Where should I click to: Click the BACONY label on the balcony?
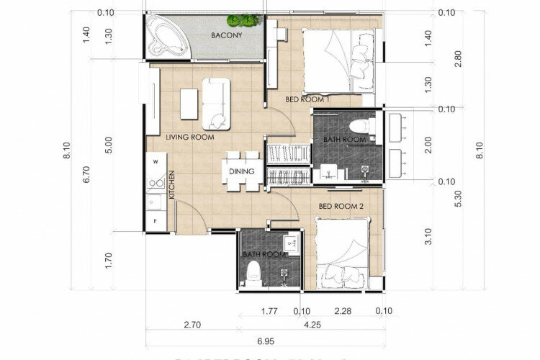coord(225,35)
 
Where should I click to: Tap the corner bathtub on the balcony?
coord(165,37)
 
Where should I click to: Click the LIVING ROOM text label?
coord(190,136)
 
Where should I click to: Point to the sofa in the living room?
coord(215,102)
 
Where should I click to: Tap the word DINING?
coord(240,171)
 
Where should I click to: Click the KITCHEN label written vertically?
coord(172,185)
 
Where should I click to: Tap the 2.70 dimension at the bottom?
coord(192,325)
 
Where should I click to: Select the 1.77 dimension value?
coord(269,312)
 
